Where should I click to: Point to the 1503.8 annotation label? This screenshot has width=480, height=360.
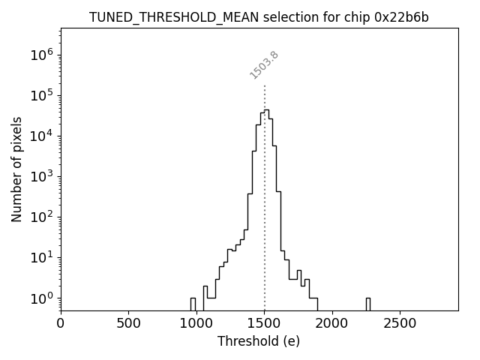pyautogui.click(x=264, y=65)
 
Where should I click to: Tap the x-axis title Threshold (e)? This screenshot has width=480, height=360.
pyautogui.click(x=259, y=341)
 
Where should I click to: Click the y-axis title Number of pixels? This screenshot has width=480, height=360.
pyautogui.click(x=17, y=169)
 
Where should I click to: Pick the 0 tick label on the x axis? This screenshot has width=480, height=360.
pyautogui.click(x=61, y=323)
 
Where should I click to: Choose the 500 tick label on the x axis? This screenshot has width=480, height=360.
pyautogui.click(x=128, y=323)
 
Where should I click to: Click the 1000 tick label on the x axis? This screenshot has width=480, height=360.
pyautogui.click(x=196, y=323)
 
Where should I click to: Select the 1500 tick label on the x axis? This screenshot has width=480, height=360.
pyautogui.click(x=264, y=323)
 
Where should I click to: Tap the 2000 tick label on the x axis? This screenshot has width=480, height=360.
pyautogui.click(x=332, y=323)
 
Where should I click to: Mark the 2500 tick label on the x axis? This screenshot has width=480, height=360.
pyautogui.click(x=400, y=323)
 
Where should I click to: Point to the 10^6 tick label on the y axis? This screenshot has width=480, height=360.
pyautogui.click(x=41, y=54)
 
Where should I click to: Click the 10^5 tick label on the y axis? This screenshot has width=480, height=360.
pyautogui.click(x=41, y=94)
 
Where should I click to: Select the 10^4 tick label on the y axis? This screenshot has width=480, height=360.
pyautogui.click(x=41, y=135)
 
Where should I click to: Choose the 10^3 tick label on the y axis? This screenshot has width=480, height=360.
pyautogui.click(x=41, y=175)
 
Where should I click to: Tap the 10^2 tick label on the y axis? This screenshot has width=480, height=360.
pyautogui.click(x=41, y=217)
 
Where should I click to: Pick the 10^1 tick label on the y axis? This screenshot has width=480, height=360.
pyautogui.click(x=41, y=257)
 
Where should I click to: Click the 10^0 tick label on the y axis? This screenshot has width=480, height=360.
pyautogui.click(x=41, y=298)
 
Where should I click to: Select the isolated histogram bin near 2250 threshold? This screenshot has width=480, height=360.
pyautogui.click(x=367, y=304)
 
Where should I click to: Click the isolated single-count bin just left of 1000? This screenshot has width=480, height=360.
pyautogui.click(x=193, y=304)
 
